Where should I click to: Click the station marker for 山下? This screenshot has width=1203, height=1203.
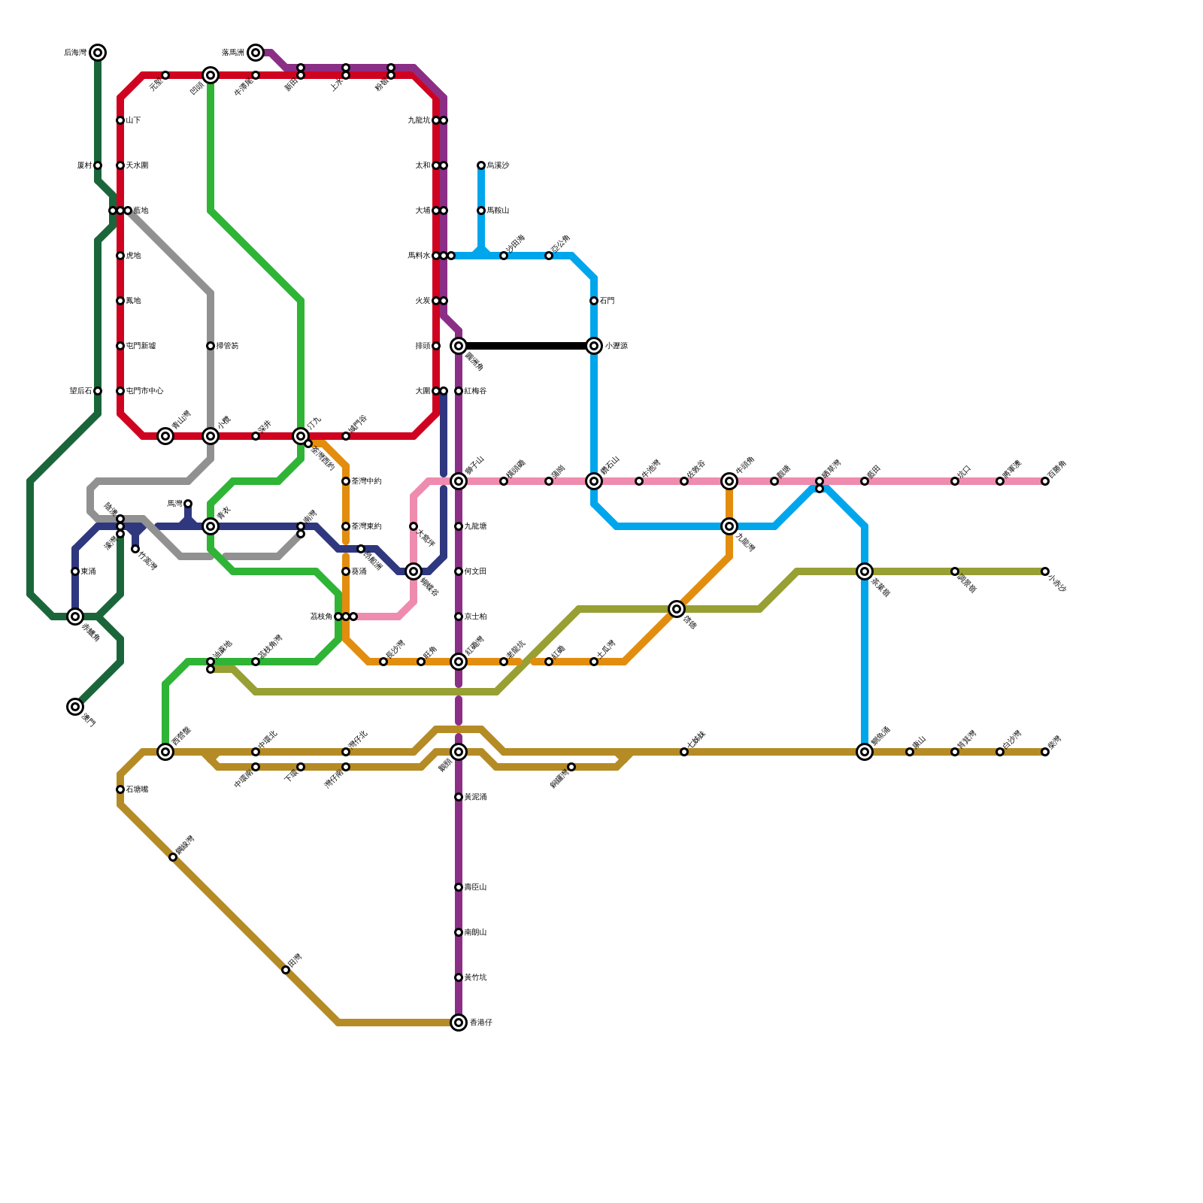[120, 120]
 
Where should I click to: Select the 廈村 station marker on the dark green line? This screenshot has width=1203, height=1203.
[98, 165]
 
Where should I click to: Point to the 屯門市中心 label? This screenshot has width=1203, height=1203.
[144, 391]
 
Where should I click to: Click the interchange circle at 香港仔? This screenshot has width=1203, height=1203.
[459, 1023]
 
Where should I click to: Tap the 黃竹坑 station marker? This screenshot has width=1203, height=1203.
[459, 977]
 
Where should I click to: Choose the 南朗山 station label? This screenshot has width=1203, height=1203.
[475, 932]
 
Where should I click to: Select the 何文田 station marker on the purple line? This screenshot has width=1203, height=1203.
[459, 571]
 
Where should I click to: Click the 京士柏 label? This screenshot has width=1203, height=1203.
[475, 617]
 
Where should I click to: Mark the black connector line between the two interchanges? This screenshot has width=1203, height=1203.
[526, 346]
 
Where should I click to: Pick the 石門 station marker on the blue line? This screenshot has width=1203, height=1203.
[594, 301]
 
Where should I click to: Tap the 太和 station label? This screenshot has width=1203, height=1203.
[423, 165]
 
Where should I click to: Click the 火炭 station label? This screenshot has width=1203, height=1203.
[423, 301]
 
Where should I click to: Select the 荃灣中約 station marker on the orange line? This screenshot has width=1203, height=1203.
[346, 481]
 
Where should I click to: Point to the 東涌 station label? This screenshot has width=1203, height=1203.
[88, 571]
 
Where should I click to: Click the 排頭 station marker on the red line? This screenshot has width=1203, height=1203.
[436, 346]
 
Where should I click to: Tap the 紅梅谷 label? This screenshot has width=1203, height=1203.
[475, 391]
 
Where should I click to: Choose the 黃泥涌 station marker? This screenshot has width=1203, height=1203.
[459, 797]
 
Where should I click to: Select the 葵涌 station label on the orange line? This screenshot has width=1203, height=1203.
[359, 571]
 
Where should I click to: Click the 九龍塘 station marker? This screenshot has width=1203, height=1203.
[459, 526]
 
